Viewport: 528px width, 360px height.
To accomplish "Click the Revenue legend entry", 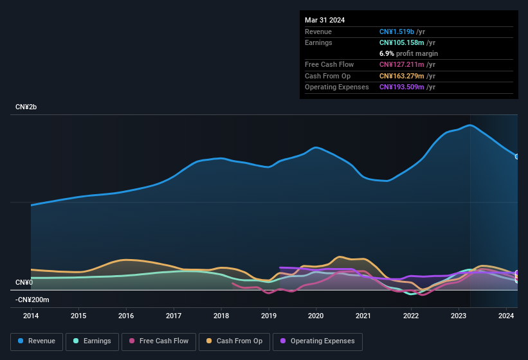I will (36, 341).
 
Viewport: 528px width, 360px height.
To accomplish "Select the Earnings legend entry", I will (92, 341).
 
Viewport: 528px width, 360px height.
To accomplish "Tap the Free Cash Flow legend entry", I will (159, 341).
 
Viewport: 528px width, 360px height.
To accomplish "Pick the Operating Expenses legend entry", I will (318, 341).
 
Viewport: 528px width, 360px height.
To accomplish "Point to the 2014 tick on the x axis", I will (31, 316).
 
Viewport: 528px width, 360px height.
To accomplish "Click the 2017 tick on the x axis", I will (174, 316).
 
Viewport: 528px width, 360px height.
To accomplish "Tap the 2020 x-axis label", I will (316, 316).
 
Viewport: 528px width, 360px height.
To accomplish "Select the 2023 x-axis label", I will (459, 316).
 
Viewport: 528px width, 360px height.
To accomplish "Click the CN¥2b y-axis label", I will (26, 107).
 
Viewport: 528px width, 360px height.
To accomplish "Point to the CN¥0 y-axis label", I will (24, 283).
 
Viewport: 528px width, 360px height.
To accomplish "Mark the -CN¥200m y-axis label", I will (32, 300).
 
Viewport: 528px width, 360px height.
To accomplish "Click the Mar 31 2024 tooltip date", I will (325, 20).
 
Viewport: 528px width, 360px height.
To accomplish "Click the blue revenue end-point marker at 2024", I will (517, 156).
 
